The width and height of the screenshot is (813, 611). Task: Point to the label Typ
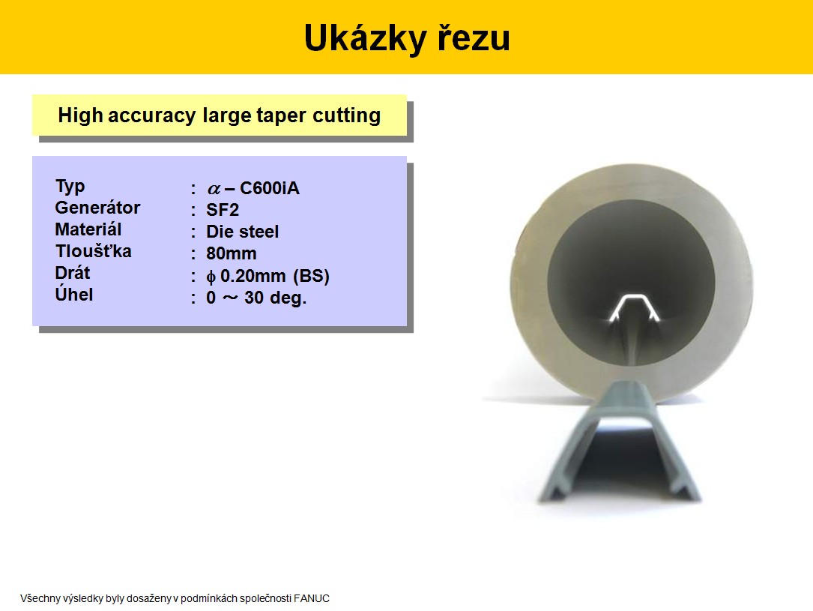coord(70,186)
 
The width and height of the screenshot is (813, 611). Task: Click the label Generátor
coord(97,208)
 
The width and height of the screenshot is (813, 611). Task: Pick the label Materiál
coord(88,229)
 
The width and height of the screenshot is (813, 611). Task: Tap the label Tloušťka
coord(94,251)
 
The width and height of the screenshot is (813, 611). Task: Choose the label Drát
coord(73,273)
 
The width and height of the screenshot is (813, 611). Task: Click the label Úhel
coord(74,294)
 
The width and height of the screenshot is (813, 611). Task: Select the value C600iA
coord(270,187)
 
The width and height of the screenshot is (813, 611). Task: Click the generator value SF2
coord(223,210)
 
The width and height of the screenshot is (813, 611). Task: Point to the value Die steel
coord(242,232)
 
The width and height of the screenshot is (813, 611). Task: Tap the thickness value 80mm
coord(232,253)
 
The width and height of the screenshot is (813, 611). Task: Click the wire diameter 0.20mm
coord(253,275)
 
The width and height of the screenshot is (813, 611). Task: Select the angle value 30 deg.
coord(275,298)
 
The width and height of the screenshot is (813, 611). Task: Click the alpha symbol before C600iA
coord(214,189)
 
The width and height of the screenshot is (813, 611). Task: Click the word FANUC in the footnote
coord(312,598)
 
